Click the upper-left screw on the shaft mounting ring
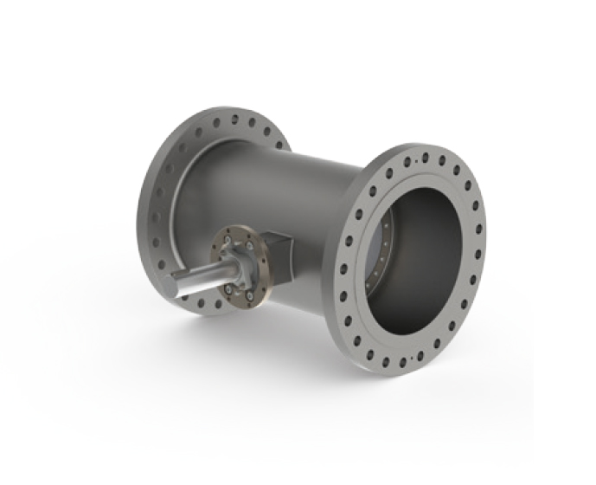[x=226, y=237]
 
